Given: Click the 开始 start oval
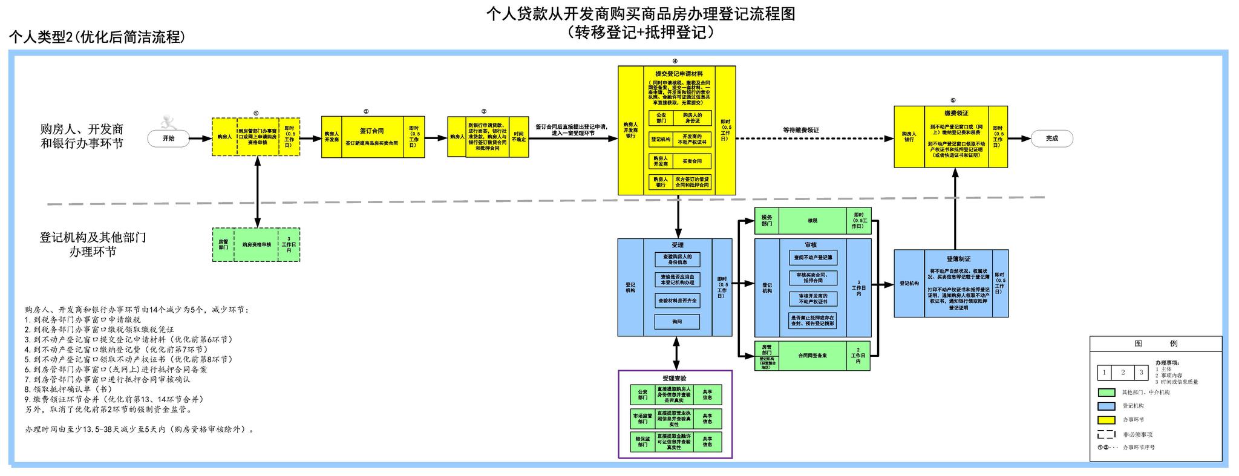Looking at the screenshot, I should tap(168, 139).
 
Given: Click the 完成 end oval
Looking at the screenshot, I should tap(1052, 139).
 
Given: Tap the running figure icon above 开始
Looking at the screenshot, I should tap(168, 123).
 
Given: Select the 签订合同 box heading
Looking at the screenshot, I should tap(371, 131).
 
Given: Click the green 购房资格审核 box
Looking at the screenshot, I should tap(257, 245).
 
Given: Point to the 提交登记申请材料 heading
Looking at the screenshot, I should tap(679, 74).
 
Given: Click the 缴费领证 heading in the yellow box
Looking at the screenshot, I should tap(956, 113).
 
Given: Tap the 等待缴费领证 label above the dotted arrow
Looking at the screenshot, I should tap(801, 130).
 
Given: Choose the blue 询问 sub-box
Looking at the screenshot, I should tap(677, 322).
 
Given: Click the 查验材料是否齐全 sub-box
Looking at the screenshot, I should tap(677, 301).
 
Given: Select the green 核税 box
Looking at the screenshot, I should tap(812, 221).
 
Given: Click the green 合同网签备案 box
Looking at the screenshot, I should tap(812, 356).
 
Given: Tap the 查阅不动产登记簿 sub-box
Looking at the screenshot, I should tap(813, 258).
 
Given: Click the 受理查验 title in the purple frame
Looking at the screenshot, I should tap(675, 378).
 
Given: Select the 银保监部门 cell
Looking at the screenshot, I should tap(642, 442).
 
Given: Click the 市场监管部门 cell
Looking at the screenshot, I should tap(642, 419).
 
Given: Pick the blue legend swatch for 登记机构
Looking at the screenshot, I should tap(1106, 406).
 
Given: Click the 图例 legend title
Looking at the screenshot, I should tap(1156, 344).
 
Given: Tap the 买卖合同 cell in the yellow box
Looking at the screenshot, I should tap(692, 161).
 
